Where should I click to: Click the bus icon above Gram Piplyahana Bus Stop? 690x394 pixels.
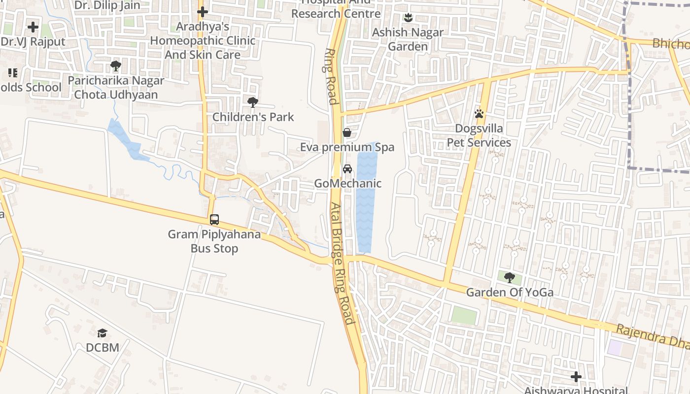(214, 220)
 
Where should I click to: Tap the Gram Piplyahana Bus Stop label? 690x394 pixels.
(214, 241)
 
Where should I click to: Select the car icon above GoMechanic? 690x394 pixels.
(347, 169)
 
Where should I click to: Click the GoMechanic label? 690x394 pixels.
(348, 184)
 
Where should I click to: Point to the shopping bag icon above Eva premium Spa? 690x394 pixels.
(347, 132)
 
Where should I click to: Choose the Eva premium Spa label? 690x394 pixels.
(347, 147)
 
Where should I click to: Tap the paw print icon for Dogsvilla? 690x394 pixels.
(479, 114)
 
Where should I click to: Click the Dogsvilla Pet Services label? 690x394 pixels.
(479, 135)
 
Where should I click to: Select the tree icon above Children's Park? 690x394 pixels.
(253, 102)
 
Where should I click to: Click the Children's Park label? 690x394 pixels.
(253, 117)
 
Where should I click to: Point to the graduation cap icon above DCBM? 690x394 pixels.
(102, 333)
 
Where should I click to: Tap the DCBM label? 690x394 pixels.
(103, 348)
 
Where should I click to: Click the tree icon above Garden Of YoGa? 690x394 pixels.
(510, 278)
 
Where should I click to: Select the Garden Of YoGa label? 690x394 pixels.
(510, 293)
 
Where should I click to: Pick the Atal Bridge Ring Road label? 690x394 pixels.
(342, 263)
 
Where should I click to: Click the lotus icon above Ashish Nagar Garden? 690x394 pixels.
(408, 18)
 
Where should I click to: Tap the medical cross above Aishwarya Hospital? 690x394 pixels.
(576, 377)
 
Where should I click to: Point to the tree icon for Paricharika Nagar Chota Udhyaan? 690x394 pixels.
(116, 66)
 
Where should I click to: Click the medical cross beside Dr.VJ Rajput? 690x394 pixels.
(33, 27)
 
